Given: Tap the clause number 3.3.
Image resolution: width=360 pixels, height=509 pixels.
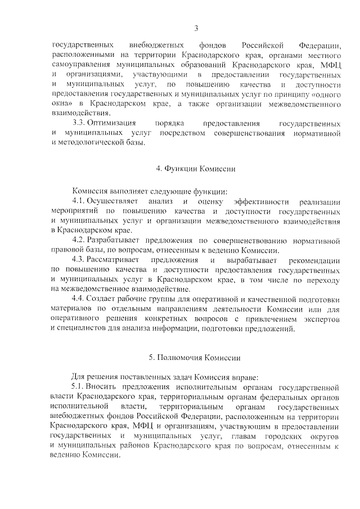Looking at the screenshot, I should pyautogui.click(x=80, y=123).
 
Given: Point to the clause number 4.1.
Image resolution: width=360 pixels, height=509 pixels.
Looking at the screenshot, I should pyautogui.click(x=79, y=201).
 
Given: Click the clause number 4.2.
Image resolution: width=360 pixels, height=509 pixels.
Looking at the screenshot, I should pyautogui.click(x=79, y=241).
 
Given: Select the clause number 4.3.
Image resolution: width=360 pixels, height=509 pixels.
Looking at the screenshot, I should pyautogui.click(x=79, y=260).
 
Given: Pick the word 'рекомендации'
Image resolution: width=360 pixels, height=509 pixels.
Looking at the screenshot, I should pyautogui.click(x=315, y=260).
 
